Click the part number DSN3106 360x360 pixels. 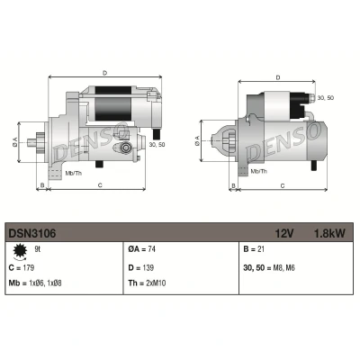[x=32, y=233]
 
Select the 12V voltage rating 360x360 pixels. [x=284, y=233]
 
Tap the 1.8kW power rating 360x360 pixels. [x=329, y=233]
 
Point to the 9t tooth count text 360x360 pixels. [x=38, y=249]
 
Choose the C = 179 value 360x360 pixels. [x=22, y=267]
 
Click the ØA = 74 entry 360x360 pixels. [x=141, y=249]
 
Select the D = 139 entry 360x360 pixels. [x=141, y=267]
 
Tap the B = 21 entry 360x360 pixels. [x=254, y=249]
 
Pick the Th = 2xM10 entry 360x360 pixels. [x=147, y=283]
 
